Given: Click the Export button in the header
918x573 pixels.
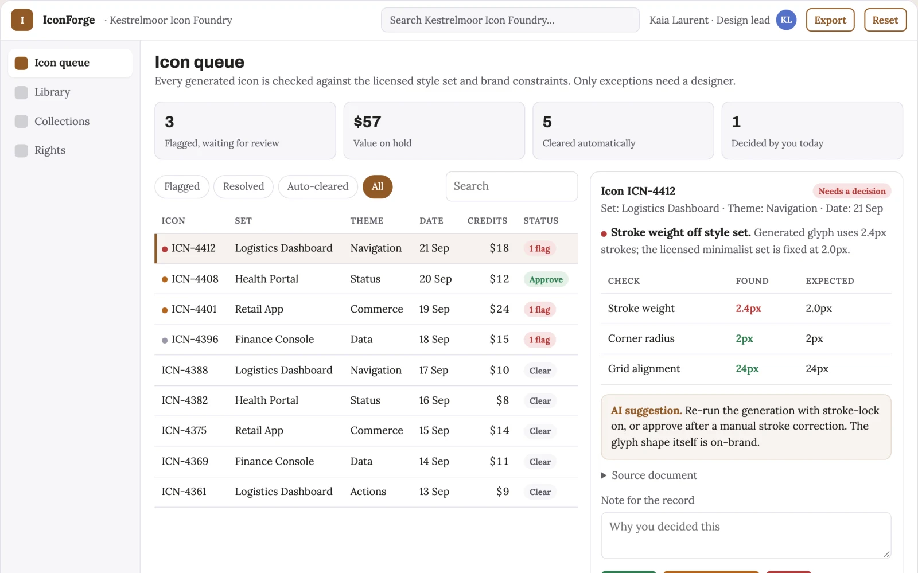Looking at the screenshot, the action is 830,20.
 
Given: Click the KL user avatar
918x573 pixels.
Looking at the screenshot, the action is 786,20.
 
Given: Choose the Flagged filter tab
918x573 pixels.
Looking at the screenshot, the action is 182,186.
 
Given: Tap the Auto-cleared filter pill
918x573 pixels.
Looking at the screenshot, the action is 318,186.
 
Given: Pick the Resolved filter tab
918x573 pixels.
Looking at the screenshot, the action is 243,186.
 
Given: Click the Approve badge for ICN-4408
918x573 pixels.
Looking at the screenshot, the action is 546,279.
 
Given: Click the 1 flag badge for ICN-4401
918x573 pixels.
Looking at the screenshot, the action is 539,309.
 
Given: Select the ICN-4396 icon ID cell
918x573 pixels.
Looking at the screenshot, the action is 195,339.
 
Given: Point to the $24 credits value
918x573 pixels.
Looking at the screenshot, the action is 499,309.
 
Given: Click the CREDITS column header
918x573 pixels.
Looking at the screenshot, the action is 487,221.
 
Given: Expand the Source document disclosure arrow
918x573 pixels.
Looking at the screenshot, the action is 604,475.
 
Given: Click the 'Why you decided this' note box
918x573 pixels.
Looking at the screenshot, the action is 746,535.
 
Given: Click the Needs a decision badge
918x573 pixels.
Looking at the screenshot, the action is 852,191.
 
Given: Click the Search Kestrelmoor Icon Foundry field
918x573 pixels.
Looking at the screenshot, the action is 510,20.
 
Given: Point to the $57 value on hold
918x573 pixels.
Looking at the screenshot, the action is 367,122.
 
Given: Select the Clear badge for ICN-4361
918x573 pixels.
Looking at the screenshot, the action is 540,492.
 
